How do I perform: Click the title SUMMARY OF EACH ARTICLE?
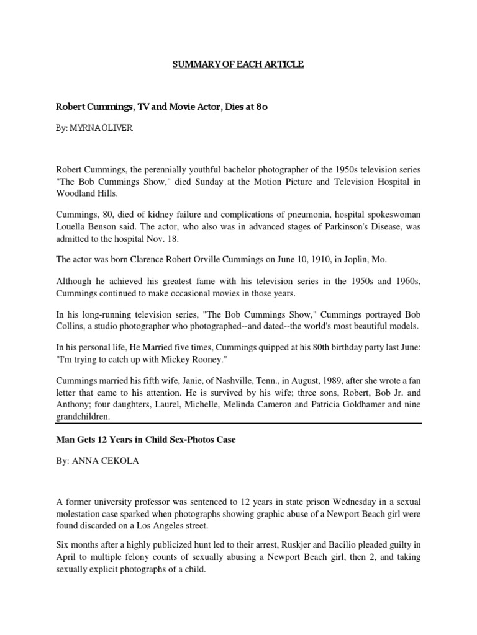click(238, 64)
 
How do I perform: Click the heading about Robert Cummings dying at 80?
click(161, 107)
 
